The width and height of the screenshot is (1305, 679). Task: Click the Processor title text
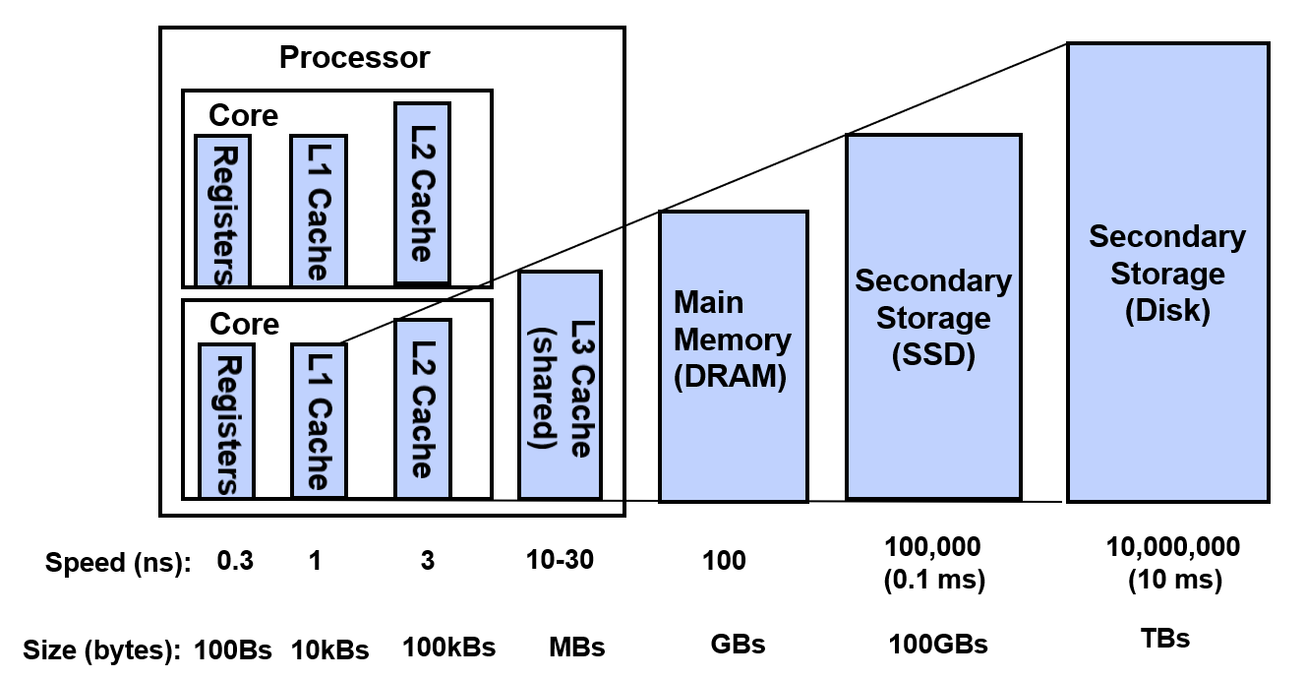pos(354,57)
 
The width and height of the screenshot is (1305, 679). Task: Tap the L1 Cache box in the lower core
pos(319,419)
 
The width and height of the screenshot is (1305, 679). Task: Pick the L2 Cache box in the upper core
pos(422,193)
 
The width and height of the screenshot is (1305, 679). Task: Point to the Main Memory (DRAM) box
pos(733,356)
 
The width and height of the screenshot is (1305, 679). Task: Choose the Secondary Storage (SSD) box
pos(933,317)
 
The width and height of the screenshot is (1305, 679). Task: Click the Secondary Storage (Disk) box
pos(1166,273)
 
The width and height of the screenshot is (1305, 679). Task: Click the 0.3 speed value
pos(234,561)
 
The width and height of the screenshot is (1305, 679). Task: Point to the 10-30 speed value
pos(560,560)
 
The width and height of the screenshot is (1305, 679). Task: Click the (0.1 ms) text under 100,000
pos(933,580)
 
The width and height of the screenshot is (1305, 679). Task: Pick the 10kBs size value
pos(329,649)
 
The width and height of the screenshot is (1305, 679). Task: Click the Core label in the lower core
pos(244,324)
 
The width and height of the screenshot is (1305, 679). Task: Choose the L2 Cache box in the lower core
pos(423,409)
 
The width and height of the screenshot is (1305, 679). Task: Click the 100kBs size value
pos(448,648)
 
